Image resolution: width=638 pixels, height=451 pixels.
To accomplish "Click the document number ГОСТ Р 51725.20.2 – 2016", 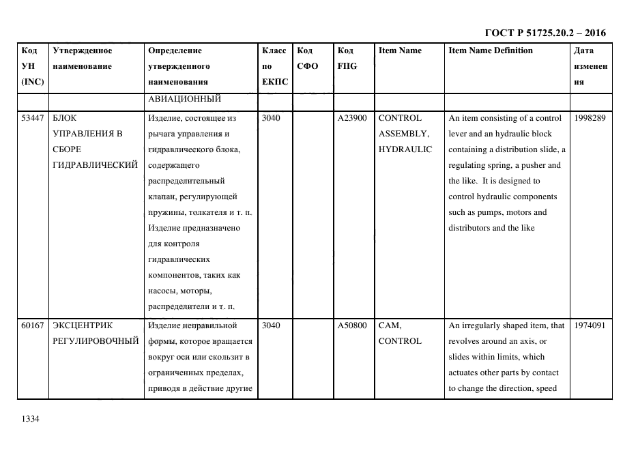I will (x=545, y=33).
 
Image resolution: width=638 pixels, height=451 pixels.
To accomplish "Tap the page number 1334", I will (x=31, y=419).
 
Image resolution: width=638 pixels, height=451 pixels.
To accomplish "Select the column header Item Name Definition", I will (x=491, y=50).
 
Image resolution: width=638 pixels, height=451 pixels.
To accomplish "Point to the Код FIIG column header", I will (x=347, y=58).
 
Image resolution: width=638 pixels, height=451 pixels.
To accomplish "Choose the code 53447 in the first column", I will (x=33, y=118).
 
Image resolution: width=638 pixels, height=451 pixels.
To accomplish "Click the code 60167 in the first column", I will (x=33, y=325).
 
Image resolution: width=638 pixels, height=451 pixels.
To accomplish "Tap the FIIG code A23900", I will (x=352, y=118).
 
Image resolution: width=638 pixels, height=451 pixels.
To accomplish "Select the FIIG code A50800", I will (x=352, y=325).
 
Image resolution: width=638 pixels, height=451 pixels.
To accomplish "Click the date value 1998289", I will (x=590, y=118).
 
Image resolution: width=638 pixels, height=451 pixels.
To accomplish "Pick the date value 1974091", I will (x=590, y=325).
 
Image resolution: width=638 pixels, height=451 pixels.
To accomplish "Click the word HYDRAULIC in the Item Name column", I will (x=405, y=149).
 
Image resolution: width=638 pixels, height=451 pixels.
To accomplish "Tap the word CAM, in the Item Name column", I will (x=390, y=325).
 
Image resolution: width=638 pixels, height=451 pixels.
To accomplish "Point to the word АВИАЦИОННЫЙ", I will (x=184, y=100).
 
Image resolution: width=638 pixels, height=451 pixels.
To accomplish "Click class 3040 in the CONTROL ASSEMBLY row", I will (x=271, y=118).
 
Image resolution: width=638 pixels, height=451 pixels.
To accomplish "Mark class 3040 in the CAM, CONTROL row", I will (x=271, y=325).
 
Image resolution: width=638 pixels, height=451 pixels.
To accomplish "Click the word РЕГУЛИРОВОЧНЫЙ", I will (x=96, y=341).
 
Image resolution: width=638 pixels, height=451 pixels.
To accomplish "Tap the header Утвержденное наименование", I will (x=83, y=58).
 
